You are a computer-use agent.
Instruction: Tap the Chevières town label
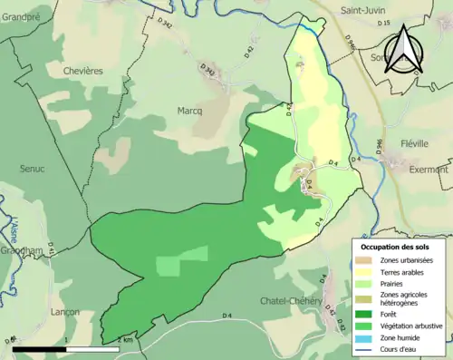[x=82, y=71]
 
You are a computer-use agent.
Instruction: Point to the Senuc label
[x=34, y=169]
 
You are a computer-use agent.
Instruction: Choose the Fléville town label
[x=419, y=144]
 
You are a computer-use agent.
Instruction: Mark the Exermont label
[x=429, y=170]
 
